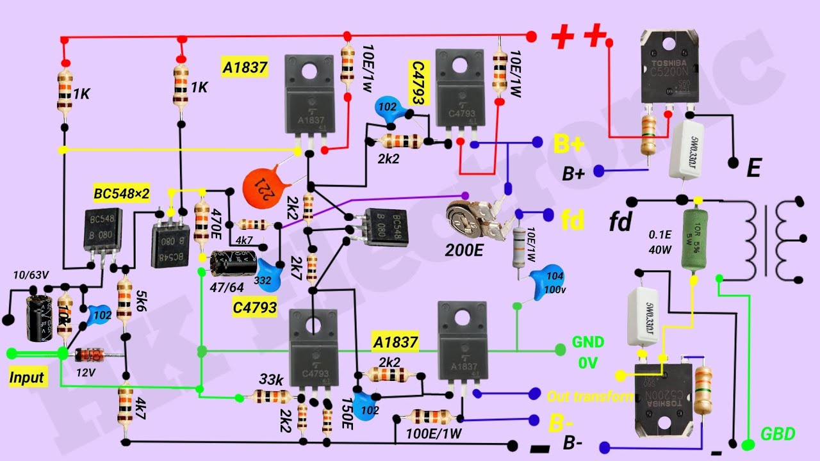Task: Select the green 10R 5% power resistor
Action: [x=694, y=241]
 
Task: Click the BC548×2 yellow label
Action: [x=121, y=193]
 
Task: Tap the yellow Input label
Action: [x=27, y=377]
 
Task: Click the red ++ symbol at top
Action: [x=580, y=36]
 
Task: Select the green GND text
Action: [x=588, y=343]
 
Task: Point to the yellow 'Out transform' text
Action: [x=589, y=396]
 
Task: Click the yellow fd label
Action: [x=572, y=220]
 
